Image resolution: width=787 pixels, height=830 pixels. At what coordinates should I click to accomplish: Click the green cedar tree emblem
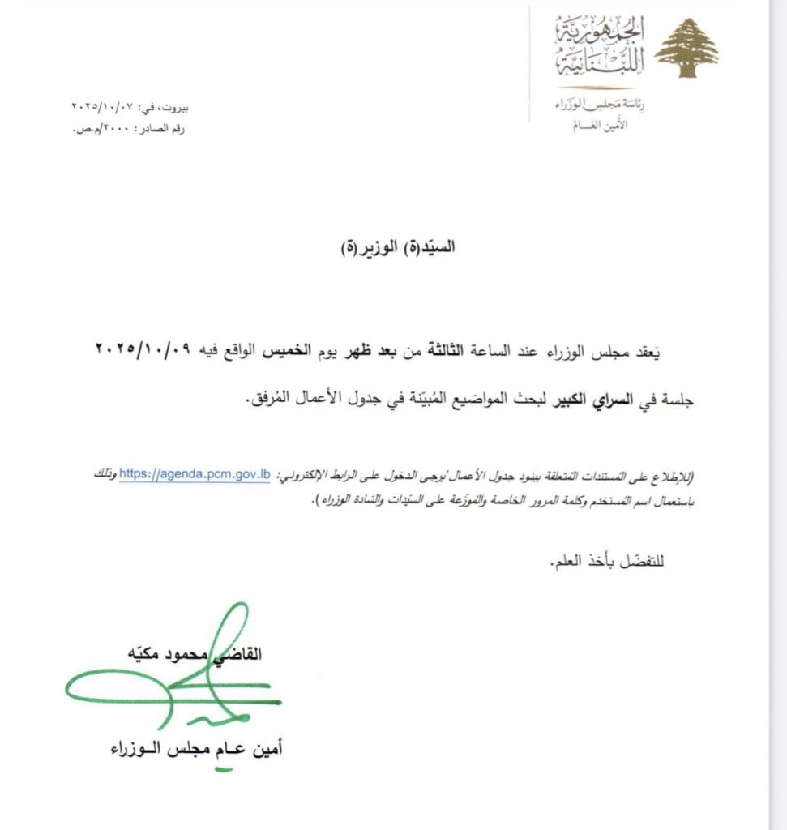click(x=686, y=49)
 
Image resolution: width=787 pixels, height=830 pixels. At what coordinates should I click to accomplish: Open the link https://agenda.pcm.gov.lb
click(x=195, y=475)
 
